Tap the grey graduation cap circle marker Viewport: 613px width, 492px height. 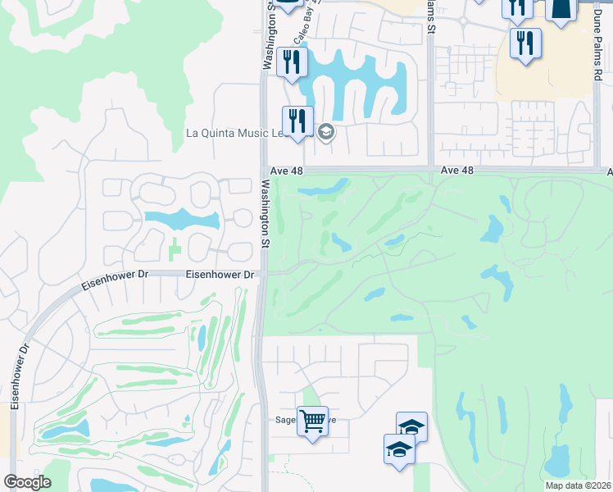[326, 132]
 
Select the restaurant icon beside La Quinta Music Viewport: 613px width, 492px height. [297, 121]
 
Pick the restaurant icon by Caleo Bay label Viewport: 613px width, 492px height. [291, 61]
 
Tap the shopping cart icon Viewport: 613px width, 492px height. [312, 421]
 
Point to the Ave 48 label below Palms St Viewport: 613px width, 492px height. [457, 170]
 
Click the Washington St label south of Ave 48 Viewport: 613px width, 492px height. [265, 213]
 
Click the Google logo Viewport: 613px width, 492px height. [27, 482]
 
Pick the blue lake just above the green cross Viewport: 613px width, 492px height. [182, 220]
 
